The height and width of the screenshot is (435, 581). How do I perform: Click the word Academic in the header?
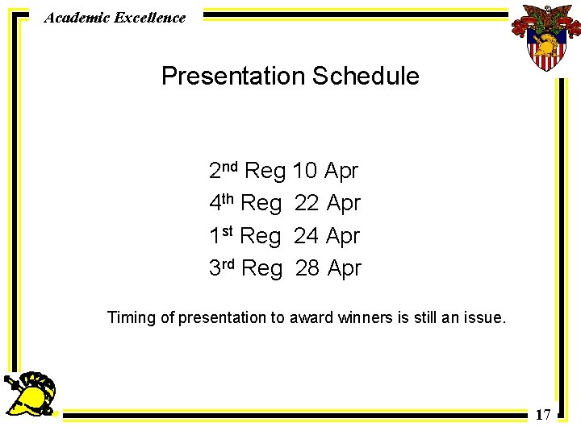[77, 17]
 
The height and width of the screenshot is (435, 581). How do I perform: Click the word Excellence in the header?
[149, 17]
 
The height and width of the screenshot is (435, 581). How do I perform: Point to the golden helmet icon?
[33, 394]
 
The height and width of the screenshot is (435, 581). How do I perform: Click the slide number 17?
[543, 415]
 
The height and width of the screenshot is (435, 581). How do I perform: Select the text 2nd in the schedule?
[223, 170]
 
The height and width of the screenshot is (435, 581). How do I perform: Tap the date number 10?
[304, 171]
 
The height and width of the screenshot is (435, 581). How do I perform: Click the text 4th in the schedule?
[221, 203]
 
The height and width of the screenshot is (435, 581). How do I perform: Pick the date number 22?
[307, 204]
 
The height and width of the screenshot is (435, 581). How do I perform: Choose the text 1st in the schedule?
[221, 236]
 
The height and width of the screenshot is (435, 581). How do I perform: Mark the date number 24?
[306, 236]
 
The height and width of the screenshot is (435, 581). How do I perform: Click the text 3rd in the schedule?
[222, 268]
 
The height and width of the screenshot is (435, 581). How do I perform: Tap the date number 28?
[307, 268]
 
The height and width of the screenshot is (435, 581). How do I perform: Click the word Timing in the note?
[132, 318]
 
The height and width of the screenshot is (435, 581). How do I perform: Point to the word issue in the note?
[484, 317]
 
